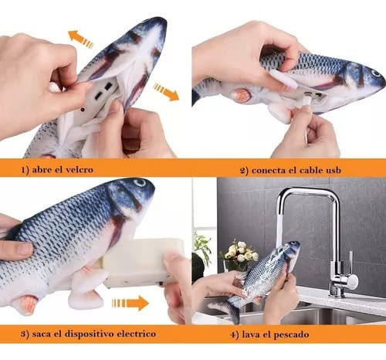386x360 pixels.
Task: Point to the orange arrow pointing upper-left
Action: pyautogui.click(x=80, y=38)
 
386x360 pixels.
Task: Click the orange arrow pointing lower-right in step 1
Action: pyautogui.click(x=166, y=92)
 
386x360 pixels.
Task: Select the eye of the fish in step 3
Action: pyautogui.click(x=141, y=185)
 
